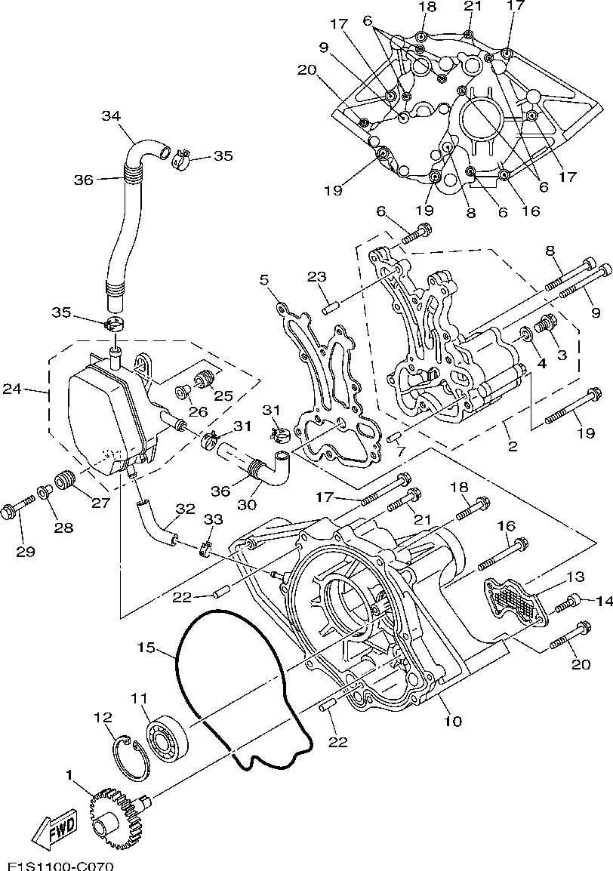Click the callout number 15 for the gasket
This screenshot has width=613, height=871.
pyautogui.click(x=146, y=647)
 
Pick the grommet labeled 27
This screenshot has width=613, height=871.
pyautogui.click(x=66, y=478)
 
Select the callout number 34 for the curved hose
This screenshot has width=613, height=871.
pyautogui.click(x=110, y=115)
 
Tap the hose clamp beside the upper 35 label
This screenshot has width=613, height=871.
pyautogui.click(x=180, y=159)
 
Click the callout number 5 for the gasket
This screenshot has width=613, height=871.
pyautogui.click(x=264, y=277)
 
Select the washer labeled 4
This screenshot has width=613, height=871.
pyautogui.click(x=525, y=335)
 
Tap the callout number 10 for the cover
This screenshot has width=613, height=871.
pyautogui.click(x=454, y=721)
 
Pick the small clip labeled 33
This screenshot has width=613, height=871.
pyautogui.click(x=205, y=549)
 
